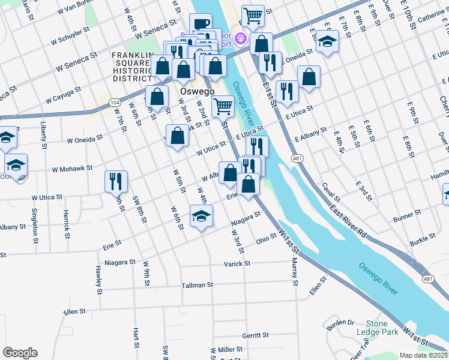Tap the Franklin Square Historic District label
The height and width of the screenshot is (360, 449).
(133, 66)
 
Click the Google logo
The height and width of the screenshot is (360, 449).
(20, 353)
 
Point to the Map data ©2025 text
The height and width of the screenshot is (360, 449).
(424, 355)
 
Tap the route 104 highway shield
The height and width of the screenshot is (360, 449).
(114, 103)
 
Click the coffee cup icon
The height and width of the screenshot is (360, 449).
(201, 24)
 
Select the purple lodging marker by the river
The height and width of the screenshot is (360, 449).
(241, 38)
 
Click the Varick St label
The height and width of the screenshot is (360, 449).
(237, 263)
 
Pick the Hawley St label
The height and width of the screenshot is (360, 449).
(97, 276)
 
